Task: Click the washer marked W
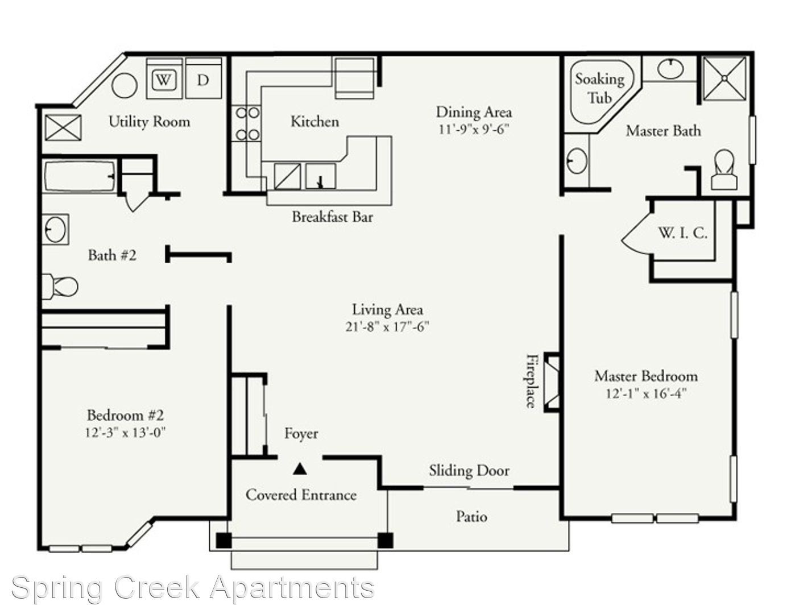(x=164, y=78)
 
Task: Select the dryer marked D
(x=203, y=78)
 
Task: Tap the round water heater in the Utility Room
(x=125, y=86)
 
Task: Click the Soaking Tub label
(x=599, y=88)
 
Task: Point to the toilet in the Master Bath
(x=724, y=170)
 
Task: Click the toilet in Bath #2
(x=60, y=287)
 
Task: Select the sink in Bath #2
(x=56, y=229)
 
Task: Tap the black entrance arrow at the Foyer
(x=300, y=469)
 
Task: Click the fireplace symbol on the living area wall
(x=552, y=382)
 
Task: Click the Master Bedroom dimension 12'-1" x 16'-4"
(x=646, y=394)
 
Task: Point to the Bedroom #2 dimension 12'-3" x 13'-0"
(x=125, y=433)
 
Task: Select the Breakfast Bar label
(x=332, y=217)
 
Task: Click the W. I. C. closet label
(x=682, y=233)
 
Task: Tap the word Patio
(x=472, y=517)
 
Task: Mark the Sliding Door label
(x=469, y=471)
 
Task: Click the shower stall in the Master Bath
(x=724, y=78)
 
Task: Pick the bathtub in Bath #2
(x=80, y=177)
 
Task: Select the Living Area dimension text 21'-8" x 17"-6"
(x=387, y=327)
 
